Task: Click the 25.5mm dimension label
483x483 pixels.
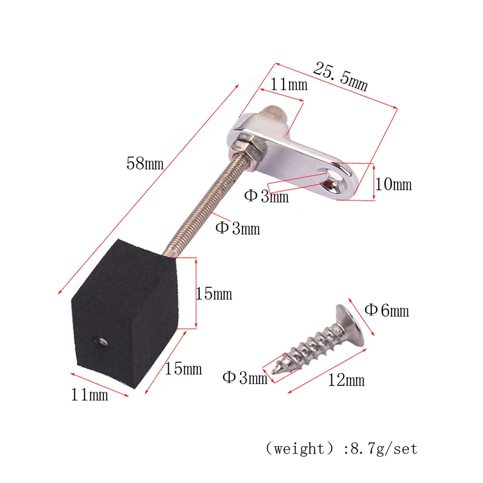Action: pyautogui.click(x=340, y=76)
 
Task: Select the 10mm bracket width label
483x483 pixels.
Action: pyautogui.click(x=394, y=184)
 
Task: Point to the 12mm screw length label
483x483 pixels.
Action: pyautogui.click(x=346, y=380)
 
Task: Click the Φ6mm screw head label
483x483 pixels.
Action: pyautogui.click(x=387, y=310)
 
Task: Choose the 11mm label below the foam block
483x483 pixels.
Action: pyautogui.click(x=90, y=395)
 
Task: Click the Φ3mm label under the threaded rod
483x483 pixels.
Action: pyautogui.click(x=237, y=228)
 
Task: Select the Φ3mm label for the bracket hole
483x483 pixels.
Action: pyautogui.click(x=266, y=196)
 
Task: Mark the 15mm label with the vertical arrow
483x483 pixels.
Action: pyautogui.click(x=214, y=293)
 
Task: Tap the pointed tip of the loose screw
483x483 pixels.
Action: pyautogui.click(x=275, y=370)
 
